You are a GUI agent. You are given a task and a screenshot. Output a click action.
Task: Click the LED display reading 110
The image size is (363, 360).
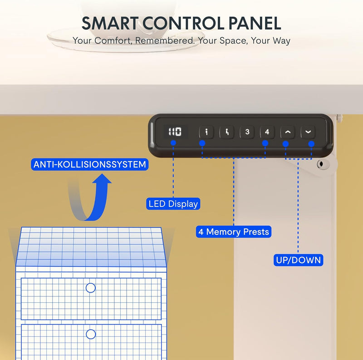(175, 132)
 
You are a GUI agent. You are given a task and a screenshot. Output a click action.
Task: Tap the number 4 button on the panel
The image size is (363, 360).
(267, 132)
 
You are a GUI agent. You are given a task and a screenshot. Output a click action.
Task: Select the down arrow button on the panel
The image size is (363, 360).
(308, 132)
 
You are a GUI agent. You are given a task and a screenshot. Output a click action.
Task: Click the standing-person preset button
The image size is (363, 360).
(206, 132)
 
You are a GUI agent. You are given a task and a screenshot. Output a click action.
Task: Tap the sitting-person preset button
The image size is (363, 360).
(226, 132)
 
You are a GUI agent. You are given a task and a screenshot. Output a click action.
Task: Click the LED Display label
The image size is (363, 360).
(173, 204)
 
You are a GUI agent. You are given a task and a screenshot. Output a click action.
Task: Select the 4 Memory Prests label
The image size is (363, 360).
(234, 232)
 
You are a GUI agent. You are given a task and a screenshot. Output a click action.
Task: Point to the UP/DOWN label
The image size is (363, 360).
(298, 260)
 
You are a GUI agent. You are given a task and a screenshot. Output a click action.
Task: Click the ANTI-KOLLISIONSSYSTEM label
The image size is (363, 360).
(89, 164)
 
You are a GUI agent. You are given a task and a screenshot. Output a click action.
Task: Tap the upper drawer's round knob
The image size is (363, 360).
(90, 288)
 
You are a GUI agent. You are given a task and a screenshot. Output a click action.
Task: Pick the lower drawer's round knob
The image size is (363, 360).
(90, 334)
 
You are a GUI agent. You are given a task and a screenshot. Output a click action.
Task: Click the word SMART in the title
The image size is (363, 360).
(110, 23)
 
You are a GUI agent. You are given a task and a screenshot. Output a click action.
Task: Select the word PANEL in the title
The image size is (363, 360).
(255, 23)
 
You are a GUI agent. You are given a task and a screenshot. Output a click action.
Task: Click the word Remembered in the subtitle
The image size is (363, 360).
(165, 40)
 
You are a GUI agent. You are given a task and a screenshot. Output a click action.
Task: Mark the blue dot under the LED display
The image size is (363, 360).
(173, 143)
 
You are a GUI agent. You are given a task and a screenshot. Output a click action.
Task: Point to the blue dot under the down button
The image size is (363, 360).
(311, 144)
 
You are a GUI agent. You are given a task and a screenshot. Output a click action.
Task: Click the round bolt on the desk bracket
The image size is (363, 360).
(321, 164)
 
